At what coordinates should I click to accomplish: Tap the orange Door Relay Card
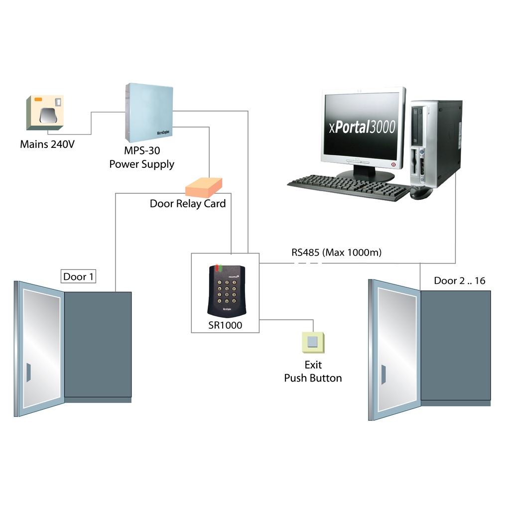click(204, 187)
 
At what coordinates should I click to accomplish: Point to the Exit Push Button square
click(313, 343)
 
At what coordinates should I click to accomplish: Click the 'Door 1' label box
click(78, 276)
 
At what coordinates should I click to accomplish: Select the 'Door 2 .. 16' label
click(459, 281)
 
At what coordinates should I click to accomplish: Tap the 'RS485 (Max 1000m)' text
click(337, 253)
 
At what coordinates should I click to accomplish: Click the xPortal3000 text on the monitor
click(362, 127)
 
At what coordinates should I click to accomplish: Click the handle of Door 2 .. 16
click(383, 374)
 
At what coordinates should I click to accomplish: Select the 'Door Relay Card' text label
click(188, 204)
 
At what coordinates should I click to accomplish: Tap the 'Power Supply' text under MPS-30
click(142, 164)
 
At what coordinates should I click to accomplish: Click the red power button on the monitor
click(393, 165)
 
